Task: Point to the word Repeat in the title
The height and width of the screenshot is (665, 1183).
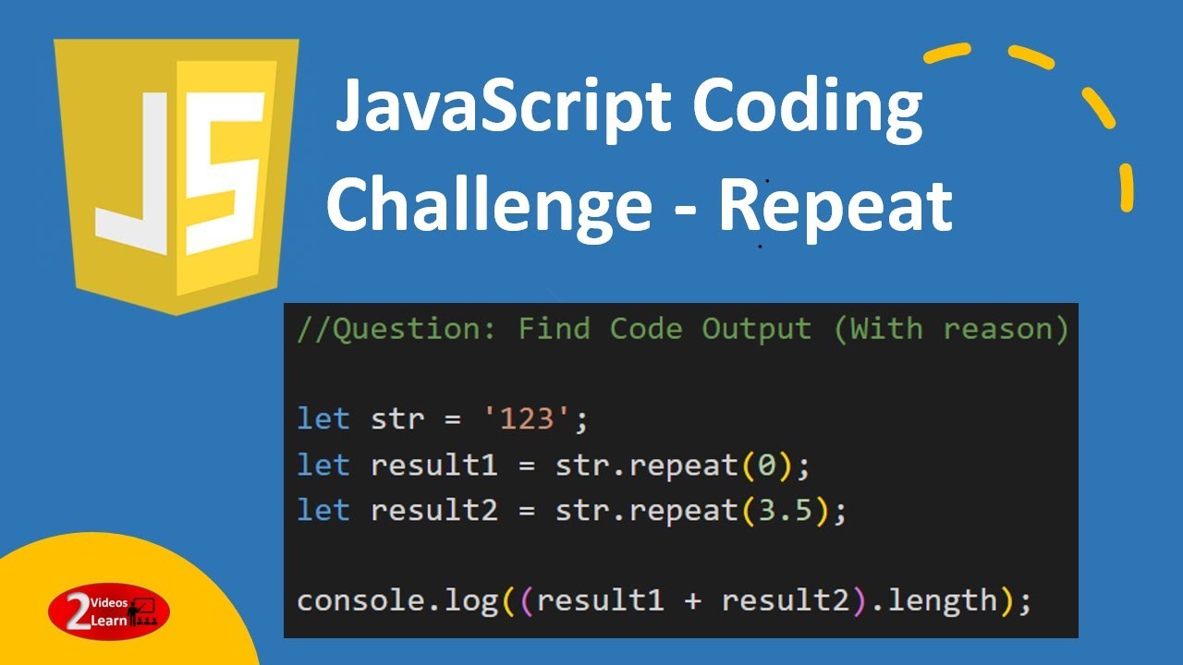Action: [835, 205]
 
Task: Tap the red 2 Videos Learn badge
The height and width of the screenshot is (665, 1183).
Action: [109, 611]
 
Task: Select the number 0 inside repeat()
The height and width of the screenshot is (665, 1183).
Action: [766, 465]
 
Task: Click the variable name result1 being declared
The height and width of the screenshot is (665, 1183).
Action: [433, 465]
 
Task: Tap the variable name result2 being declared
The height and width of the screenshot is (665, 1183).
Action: [433, 510]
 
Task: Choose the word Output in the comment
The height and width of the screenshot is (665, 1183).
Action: [756, 329]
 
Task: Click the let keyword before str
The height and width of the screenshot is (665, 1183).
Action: [323, 419]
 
